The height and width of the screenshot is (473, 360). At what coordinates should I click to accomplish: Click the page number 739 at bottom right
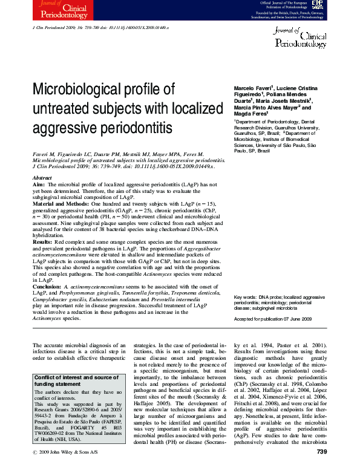(x=321, y=469)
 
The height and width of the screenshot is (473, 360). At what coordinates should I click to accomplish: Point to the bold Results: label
(x=44, y=240)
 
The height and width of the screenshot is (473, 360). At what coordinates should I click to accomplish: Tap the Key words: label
(x=246, y=298)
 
